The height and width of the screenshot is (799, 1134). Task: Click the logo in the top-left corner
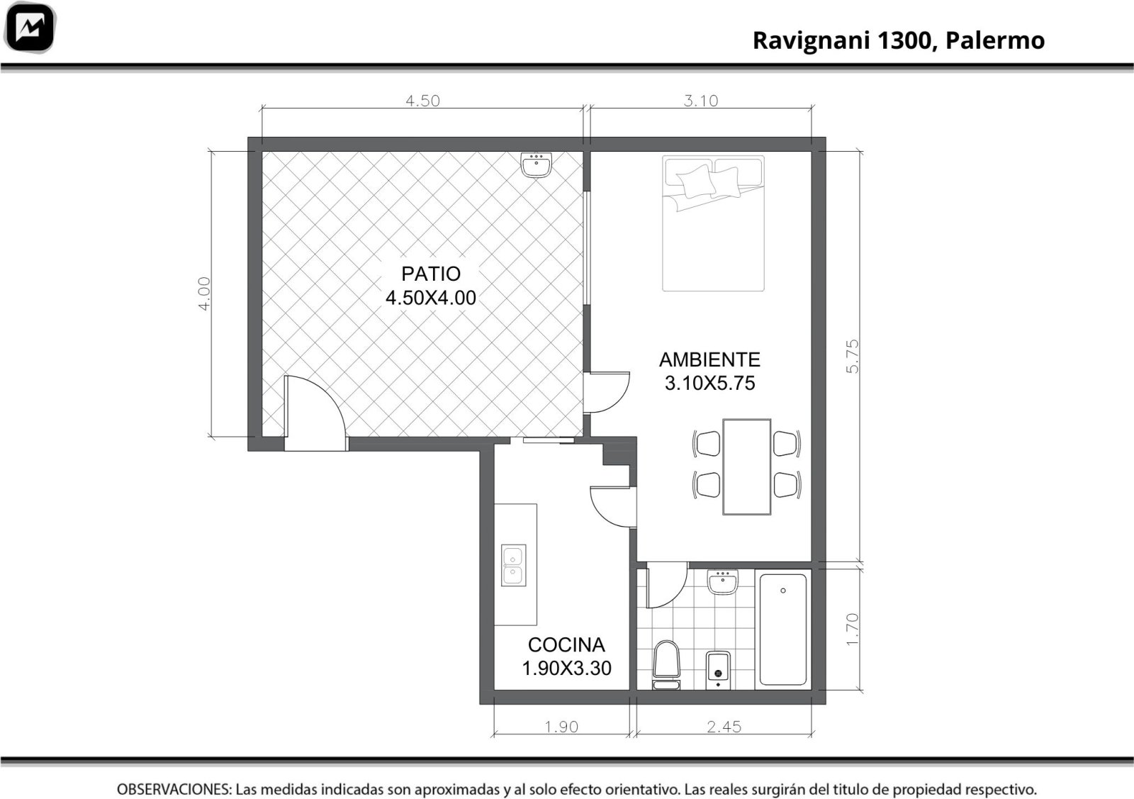[x=29, y=28]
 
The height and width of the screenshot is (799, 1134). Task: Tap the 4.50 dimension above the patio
[x=422, y=101]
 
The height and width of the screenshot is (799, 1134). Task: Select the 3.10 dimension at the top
[x=701, y=101]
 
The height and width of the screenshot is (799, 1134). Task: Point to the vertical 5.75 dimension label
[x=853, y=357]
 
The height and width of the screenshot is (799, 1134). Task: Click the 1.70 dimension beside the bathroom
[x=853, y=630]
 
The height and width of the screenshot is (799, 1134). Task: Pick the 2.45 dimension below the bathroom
[x=724, y=727]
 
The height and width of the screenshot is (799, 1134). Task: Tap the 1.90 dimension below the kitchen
[x=561, y=727]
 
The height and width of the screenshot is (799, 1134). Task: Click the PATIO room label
[x=431, y=274]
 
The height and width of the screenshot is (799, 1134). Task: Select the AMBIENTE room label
[x=709, y=360]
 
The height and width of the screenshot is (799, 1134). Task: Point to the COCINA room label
[x=566, y=645]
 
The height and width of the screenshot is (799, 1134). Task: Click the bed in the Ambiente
[x=713, y=223]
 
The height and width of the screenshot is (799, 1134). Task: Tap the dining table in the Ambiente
[x=747, y=466]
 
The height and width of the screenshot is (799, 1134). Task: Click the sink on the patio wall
[x=536, y=164]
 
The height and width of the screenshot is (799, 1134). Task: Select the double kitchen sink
[x=513, y=565]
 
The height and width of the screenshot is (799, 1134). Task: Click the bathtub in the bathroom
[x=782, y=630]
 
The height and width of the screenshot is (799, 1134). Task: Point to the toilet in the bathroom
[x=666, y=665]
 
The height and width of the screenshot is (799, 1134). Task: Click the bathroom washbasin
[x=723, y=582]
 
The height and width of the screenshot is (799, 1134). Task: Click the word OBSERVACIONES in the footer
[x=174, y=790]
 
